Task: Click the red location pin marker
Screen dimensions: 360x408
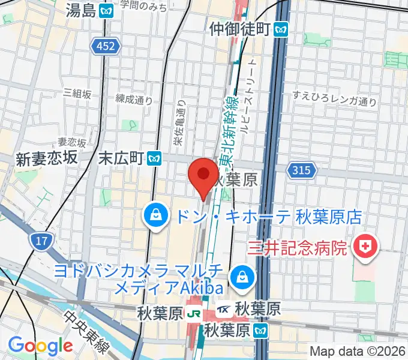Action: [203, 175]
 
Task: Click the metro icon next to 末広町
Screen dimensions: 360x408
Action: [155, 158]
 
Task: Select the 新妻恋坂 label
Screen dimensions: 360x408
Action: [47, 158]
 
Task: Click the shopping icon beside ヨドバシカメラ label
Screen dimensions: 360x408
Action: [241, 275]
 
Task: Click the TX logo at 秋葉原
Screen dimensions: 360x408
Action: [224, 310]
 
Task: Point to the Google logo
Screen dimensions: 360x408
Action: [40, 346]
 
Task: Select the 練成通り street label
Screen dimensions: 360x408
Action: [134, 99]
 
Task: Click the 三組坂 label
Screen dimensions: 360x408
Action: [77, 94]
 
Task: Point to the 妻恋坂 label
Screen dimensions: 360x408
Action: [72, 142]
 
